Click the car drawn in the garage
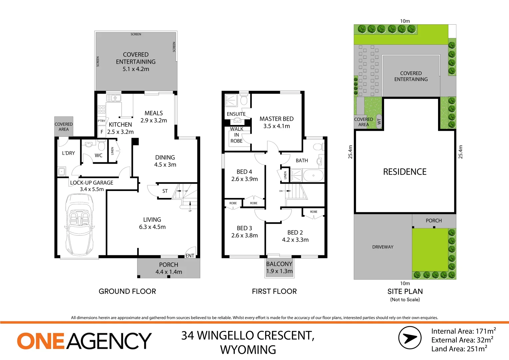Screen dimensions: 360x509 coord(79,224)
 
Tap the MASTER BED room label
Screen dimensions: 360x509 coord(276,122)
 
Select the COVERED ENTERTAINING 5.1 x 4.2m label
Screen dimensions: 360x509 coord(136,62)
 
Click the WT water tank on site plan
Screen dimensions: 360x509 coord(379,121)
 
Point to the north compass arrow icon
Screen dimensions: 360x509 coord(410,338)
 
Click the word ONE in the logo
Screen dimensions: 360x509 coord(40,341)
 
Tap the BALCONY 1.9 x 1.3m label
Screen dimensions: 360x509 coord(279,267)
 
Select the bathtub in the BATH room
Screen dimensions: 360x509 coord(313,175)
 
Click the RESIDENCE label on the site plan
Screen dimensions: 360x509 coord(405,172)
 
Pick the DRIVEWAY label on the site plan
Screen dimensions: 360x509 coord(383,247)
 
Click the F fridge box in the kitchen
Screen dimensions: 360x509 coord(102,132)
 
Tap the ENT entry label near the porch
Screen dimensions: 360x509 coord(190,256)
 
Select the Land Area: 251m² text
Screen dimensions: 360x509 coord(459,349)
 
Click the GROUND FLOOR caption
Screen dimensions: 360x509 coord(127,291)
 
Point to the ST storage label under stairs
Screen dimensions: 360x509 coord(165,191)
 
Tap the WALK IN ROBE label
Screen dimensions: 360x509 coord(237,135)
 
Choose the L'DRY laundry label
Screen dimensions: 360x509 coord(68,153)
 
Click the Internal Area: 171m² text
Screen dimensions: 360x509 coord(463,331)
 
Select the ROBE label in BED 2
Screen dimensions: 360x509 coord(313,212)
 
